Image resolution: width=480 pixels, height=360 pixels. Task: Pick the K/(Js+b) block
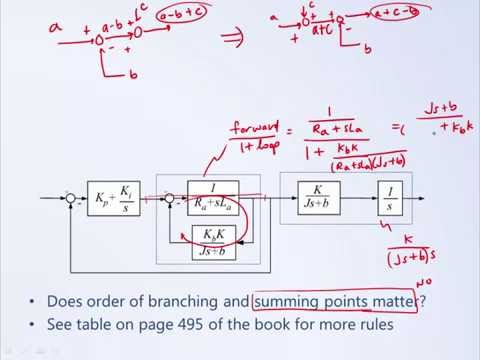[318, 197]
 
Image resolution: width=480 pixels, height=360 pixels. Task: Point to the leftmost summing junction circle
[70, 199]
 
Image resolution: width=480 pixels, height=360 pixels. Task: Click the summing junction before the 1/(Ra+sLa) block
[171, 199]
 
